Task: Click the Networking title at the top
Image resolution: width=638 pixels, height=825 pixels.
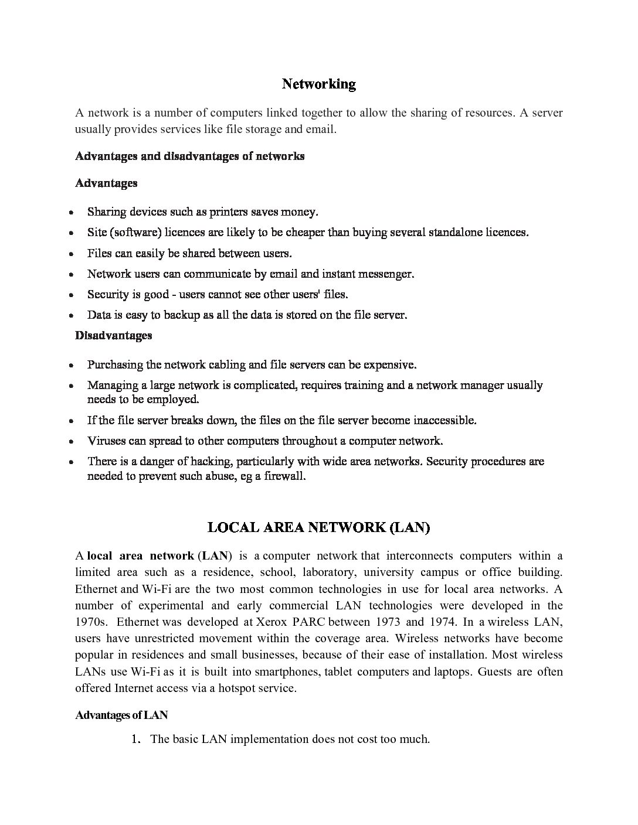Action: coord(318,84)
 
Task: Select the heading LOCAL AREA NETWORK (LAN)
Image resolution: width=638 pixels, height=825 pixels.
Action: coord(318,527)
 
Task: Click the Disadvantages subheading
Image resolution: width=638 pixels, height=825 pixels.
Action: coord(113,335)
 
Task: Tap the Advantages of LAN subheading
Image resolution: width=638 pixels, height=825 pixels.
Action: coord(121,715)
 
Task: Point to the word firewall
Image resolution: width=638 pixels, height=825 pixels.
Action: coord(284,476)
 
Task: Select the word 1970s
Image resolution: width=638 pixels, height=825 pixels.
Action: coord(91,622)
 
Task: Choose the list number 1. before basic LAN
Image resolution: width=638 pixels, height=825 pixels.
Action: coord(136,739)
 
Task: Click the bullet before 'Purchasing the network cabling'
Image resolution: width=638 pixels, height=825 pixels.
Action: coord(71,365)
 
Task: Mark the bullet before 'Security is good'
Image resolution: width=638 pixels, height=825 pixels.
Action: coord(71,295)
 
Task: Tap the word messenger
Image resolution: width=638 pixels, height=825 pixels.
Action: coord(384,274)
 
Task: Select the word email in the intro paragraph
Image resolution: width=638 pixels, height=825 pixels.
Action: coord(320,129)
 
